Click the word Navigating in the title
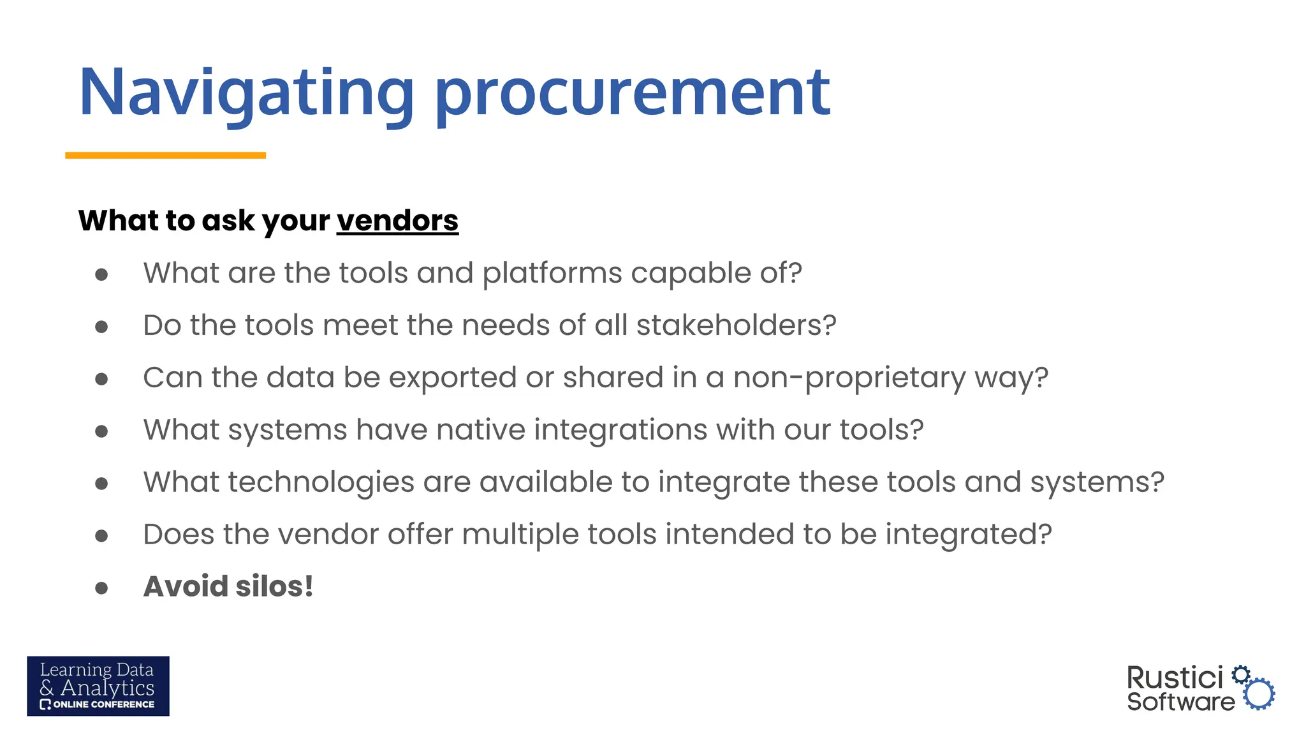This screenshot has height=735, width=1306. tap(246, 93)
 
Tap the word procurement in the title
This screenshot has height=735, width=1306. tap(632, 93)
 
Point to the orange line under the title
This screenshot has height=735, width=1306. tap(165, 155)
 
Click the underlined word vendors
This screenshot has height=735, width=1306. tap(397, 221)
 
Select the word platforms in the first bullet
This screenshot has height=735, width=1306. tap(552, 274)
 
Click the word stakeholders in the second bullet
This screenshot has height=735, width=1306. tap(736, 325)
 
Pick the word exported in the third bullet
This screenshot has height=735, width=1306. tap(452, 378)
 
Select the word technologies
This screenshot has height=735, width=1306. tap(321, 482)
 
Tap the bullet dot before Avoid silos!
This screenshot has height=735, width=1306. tap(101, 588)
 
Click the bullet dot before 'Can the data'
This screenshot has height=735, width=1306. tap(101, 379)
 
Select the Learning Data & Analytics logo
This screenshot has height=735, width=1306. tap(98, 686)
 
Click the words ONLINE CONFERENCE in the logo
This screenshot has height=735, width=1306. tap(103, 704)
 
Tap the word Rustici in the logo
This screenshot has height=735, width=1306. tap(1175, 678)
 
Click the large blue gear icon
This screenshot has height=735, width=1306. tap(1259, 694)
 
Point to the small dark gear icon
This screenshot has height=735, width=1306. tap(1240, 674)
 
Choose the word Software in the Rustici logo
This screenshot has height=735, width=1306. tap(1180, 702)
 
